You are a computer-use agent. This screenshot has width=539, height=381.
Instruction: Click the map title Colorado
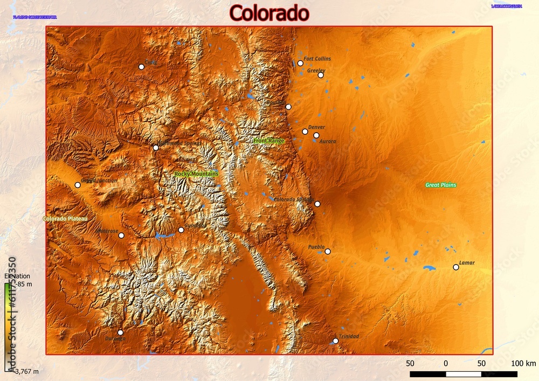click(x=269, y=13)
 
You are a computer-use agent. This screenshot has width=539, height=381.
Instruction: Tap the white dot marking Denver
click(x=305, y=131)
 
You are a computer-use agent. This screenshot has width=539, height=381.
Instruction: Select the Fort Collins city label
click(x=317, y=59)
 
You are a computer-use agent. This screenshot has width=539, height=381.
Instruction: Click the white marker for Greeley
click(x=321, y=75)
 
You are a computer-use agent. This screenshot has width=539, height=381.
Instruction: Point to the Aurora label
click(x=328, y=141)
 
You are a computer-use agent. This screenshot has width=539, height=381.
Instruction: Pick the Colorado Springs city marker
click(x=317, y=204)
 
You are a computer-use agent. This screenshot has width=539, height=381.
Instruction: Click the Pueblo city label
click(x=316, y=247)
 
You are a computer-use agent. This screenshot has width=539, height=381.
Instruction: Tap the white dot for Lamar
click(x=455, y=267)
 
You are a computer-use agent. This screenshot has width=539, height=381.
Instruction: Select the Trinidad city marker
click(x=336, y=341)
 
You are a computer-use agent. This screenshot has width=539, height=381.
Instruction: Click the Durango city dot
click(x=120, y=332)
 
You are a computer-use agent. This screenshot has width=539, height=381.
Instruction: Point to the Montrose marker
click(x=121, y=235)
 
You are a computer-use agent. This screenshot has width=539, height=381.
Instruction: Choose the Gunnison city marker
click(x=181, y=230)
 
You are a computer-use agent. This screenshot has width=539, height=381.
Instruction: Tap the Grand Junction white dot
click(x=78, y=185)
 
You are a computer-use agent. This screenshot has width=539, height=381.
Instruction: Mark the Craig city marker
click(x=141, y=67)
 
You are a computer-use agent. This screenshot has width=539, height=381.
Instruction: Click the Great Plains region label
click(x=441, y=185)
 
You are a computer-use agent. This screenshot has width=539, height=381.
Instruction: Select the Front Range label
click(x=268, y=141)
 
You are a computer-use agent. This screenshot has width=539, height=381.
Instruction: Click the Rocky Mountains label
click(x=196, y=174)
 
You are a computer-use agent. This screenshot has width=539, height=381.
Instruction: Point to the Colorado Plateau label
click(x=65, y=219)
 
